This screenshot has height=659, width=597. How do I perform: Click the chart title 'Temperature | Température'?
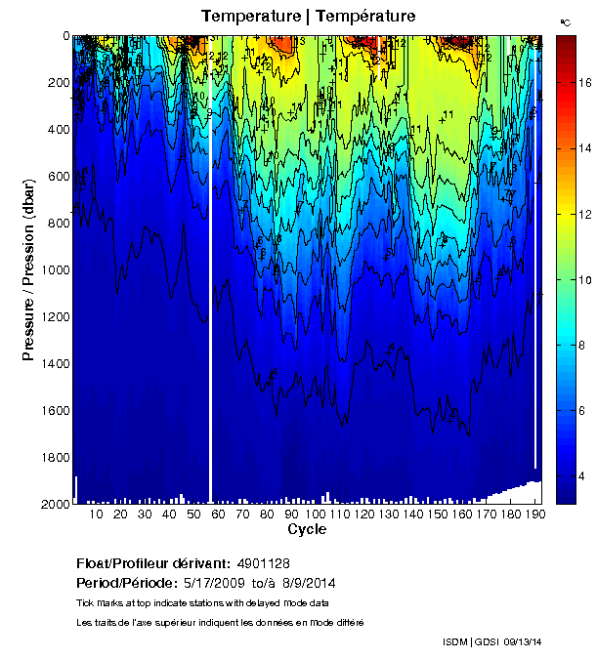coord(309,16)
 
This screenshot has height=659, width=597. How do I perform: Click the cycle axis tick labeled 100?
coord(315,515)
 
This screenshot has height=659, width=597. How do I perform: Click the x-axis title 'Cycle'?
coord(307,529)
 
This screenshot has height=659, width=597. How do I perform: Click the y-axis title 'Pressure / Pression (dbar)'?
coord(29,269)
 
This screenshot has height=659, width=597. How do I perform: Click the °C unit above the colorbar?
coord(565,21)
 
